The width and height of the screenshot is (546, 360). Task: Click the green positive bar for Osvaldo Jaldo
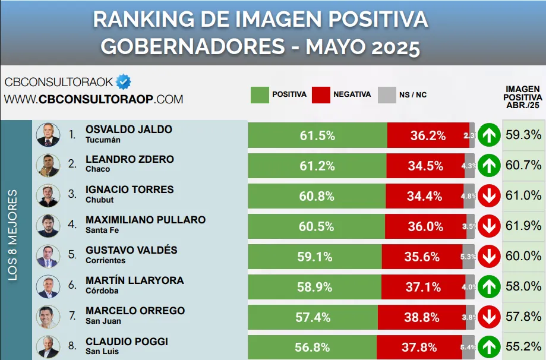[x=317, y=135]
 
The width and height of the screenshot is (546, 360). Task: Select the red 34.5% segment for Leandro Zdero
[x=425, y=166]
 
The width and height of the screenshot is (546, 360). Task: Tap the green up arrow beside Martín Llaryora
[x=489, y=287]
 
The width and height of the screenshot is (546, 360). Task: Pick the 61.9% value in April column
[x=523, y=226]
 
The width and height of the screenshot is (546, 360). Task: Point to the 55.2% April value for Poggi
[x=523, y=346]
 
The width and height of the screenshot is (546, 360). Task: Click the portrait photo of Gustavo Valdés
[x=48, y=256]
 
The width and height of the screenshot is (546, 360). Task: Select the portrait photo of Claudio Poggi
[x=48, y=347]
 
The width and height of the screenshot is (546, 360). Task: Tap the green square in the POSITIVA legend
[x=259, y=95]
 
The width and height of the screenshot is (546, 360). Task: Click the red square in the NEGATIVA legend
[x=321, y=95]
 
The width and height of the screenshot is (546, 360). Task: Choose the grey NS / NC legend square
[x=387, y=95]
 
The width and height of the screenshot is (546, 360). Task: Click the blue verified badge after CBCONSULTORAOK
[x=124, y=81]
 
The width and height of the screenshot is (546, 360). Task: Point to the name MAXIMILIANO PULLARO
[x=146, y=220]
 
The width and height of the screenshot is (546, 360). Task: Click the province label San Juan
[x=103, y=321]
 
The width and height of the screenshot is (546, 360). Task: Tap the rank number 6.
[x=72, y=286]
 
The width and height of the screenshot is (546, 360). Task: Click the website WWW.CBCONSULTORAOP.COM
[x=94, y=99]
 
